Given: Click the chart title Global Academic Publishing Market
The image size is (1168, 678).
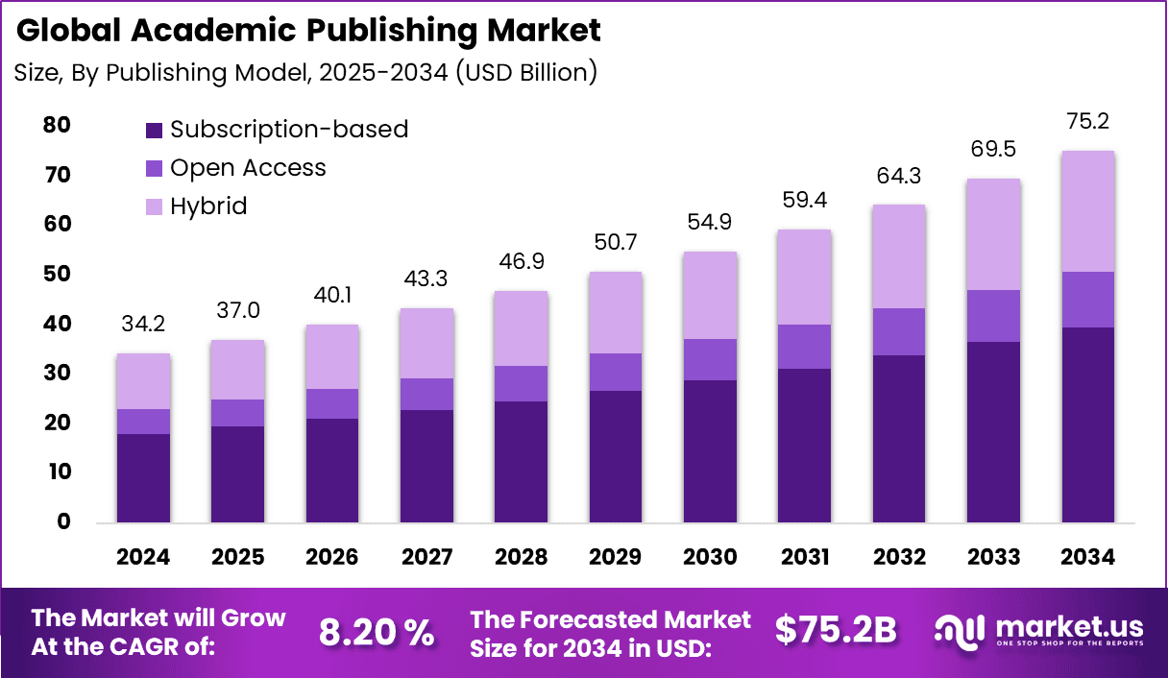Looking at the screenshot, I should (308, 30).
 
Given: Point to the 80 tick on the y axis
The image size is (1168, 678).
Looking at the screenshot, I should (57, 125).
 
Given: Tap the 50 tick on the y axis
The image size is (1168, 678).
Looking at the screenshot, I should (57, 274).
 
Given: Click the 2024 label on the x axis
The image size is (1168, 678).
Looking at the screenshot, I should (143, 557).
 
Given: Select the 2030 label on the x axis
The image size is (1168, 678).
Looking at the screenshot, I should (710, 557).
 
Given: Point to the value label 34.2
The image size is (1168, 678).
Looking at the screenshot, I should (143, 324).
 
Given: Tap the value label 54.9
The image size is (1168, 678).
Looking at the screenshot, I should (710, 222).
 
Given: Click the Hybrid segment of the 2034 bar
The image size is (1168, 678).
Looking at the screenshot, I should (1087, 211).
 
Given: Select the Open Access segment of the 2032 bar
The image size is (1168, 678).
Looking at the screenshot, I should (898, 331).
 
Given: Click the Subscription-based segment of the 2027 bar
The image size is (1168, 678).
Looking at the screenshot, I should (426, 466).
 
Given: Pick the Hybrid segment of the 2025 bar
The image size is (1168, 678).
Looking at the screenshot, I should (237, 370).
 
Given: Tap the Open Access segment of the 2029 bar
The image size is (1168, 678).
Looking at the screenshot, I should (616, 372).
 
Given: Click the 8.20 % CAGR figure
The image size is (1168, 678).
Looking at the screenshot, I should (377, 632).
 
